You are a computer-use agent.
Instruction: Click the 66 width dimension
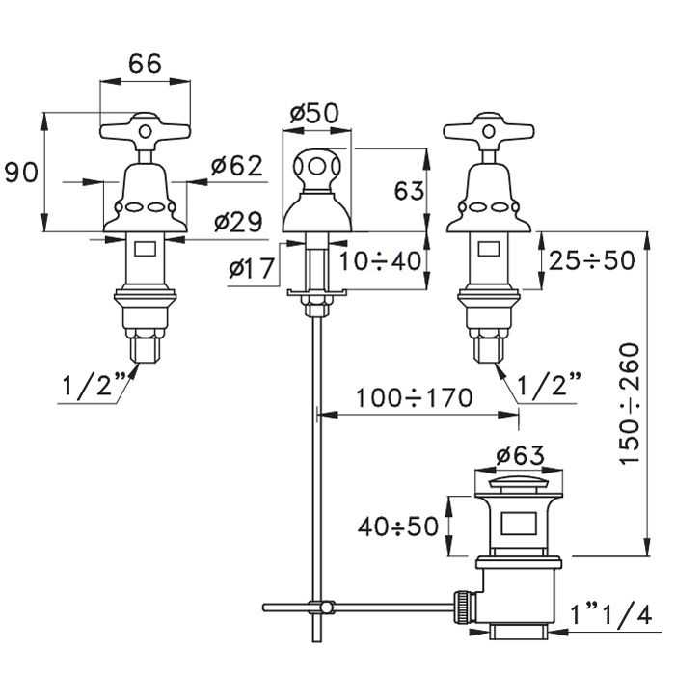pos(145,64)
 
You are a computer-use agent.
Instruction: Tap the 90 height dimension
pos(21,174)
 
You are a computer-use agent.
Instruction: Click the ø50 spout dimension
pos(313,113)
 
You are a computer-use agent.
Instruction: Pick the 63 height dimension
pos(409,191)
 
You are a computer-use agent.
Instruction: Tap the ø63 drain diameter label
pos(520,454)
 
